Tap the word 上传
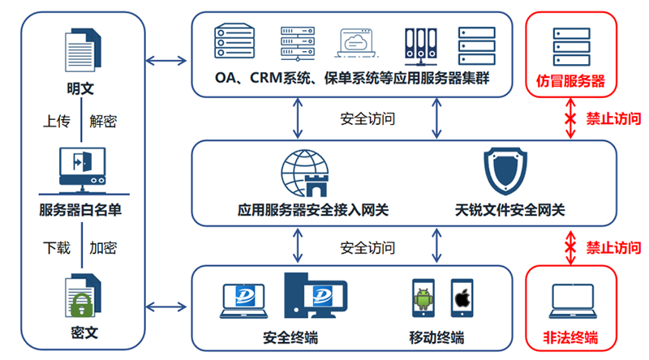[57, 122]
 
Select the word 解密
[103, 122]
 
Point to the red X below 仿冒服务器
[571, 118]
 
